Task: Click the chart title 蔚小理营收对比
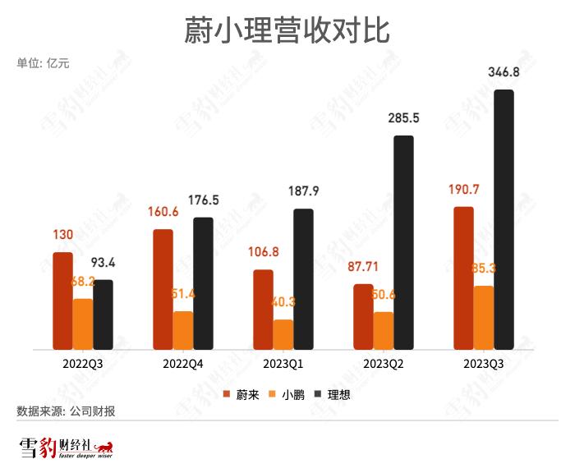pyautogui.click(x=287, y=30)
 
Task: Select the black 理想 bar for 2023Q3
pyautogui.click(x=504, y=220)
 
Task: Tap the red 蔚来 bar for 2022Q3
pyautogui.click(x=62, y=301)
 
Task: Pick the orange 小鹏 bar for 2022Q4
pyautogui.click(x=182, y=330)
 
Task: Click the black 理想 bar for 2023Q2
pyautogui.click(x=403, y=243)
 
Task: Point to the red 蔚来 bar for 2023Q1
pyautogui.click(x=263, y=309)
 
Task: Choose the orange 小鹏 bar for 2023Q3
pyautogui.click(x=484, y=318)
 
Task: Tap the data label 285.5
pyautogui.click(x=403, y=118)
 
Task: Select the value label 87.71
pyautogui.click(x=362, y=267)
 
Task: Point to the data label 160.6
pyautogui.click(x=163, y=213)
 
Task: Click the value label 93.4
pyautogui.click(x=103, y=264)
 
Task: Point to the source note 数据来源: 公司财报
pyautogui.click(x=66, y=411)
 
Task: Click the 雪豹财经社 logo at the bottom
pyautogui.click(x=66, y=448)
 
